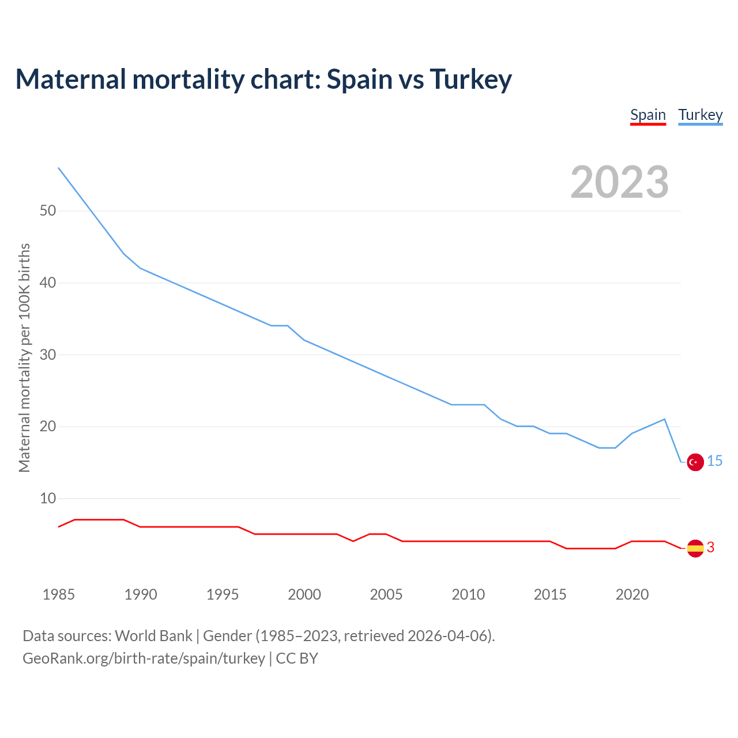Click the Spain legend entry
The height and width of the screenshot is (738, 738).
click(648, 115)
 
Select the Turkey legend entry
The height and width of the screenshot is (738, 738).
click(701, 115)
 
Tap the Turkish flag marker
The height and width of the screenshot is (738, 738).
click(695, 462)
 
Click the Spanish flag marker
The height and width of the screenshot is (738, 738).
click(695, 548)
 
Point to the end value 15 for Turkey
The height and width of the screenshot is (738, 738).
click(715, 461)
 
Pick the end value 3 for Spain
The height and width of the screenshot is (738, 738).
click(711, 548)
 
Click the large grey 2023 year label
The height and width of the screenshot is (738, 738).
click(620, 182)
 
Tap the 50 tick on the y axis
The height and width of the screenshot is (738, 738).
click(48, 211)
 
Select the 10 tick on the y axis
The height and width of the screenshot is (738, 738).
click(48, 499)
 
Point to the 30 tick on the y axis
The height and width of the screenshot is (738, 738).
click(48, 355)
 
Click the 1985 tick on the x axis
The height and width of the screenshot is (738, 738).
click(59, 594)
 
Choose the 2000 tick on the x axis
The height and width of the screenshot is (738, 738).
click(304, 594)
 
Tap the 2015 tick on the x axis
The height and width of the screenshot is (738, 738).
click(550, 594)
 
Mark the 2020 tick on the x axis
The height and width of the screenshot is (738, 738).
click(632, 594)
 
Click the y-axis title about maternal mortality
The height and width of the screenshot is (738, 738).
click(24, 357)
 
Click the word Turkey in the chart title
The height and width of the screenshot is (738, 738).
click(470, 79)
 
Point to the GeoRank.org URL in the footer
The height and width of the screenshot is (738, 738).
click(144, 658)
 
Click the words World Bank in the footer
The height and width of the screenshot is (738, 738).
click(153, 636)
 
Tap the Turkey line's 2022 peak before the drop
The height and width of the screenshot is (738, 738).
click(665, 419)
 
